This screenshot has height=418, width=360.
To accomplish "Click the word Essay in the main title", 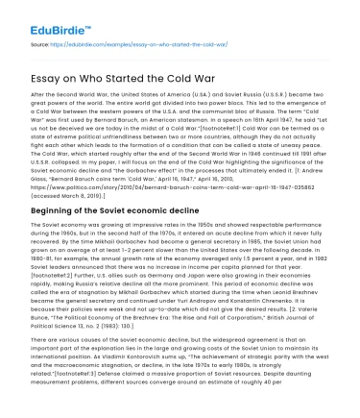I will pos(50,76).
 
